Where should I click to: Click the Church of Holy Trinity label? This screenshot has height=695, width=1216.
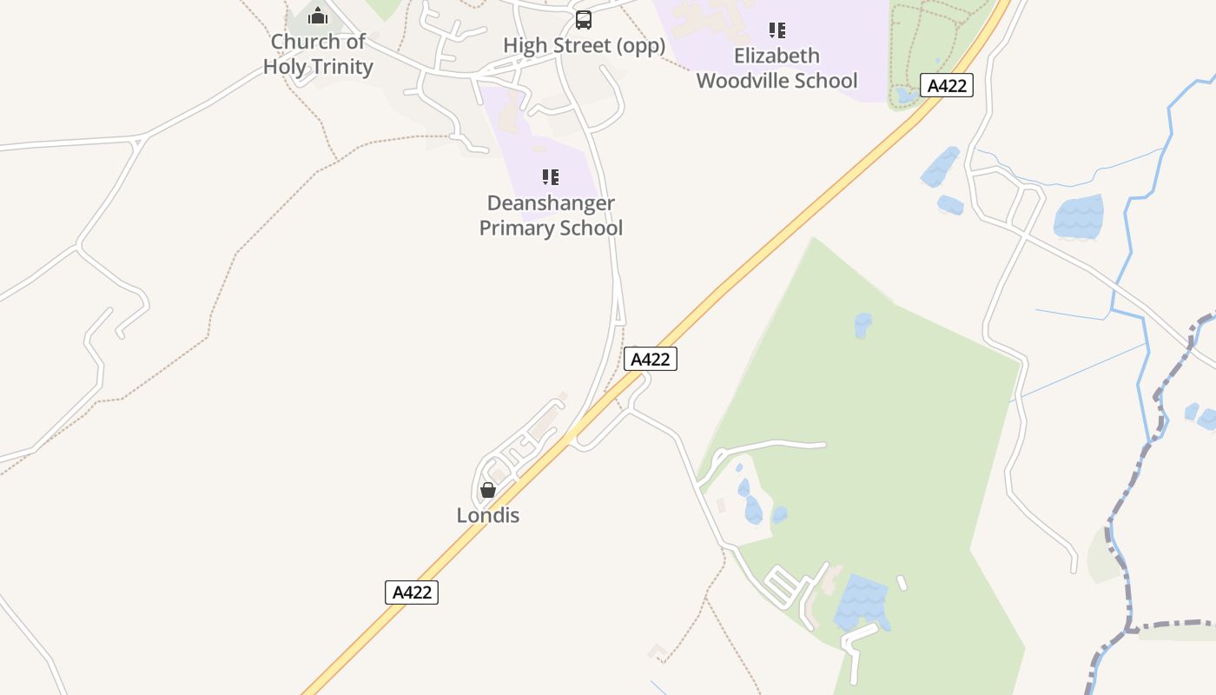coord(318,54)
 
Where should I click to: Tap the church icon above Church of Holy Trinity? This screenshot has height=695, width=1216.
coord(318,17)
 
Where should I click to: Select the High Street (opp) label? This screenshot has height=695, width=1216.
coord(584,45)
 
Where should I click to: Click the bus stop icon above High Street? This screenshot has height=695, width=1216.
coord(584,19)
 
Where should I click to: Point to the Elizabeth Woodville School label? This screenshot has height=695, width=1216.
coord(777,68)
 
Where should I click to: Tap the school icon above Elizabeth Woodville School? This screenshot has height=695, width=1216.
coord(777,30)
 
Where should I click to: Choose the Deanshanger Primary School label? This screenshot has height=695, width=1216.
coord(551,215)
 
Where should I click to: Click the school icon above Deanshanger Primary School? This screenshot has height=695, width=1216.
coord(551,177)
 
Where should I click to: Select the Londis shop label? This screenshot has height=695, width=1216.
coord(488,515)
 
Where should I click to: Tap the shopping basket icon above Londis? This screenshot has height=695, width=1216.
coord(488,490)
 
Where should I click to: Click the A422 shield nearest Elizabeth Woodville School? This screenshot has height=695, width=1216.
coord(947,86)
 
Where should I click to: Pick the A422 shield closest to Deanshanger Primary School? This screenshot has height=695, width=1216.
coord(650,359)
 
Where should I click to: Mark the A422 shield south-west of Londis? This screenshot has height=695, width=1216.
coord(412,592)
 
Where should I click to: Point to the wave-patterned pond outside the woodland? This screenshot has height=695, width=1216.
coord(1079,216)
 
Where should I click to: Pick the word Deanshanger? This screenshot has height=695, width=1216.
coord(551,203)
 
